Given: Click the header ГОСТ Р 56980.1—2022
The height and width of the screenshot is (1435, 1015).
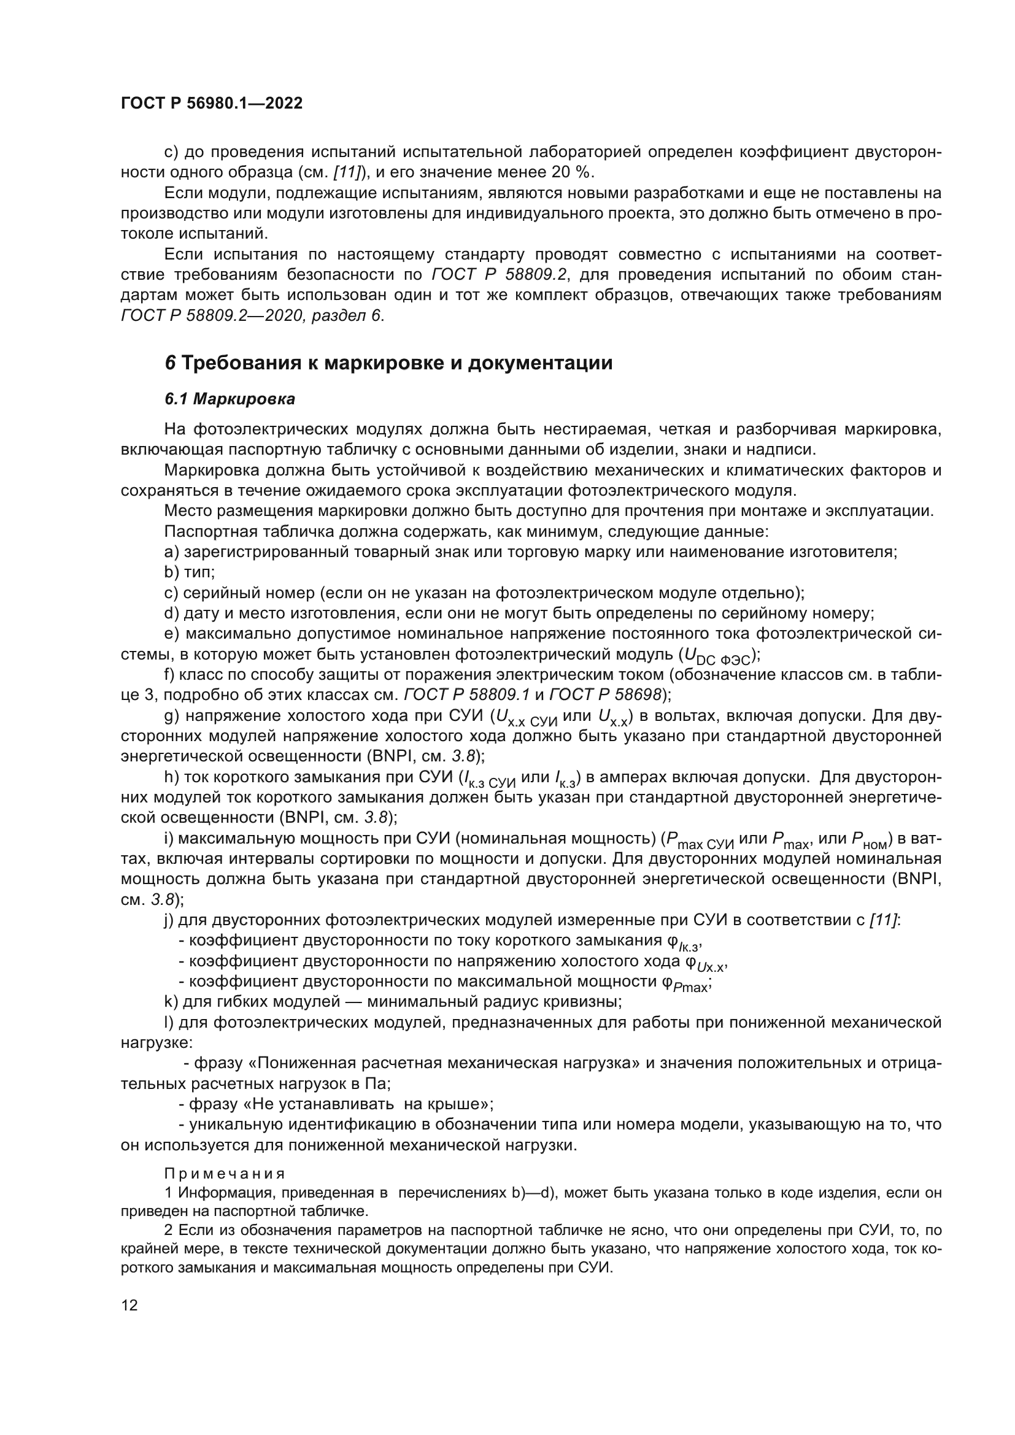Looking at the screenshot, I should [211, 104].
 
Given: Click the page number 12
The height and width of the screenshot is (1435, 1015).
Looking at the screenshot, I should [129, 1305].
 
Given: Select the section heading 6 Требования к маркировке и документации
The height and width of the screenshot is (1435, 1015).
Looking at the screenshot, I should [388, 363].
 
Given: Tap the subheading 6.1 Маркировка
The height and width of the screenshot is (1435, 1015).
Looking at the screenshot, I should [230, 399].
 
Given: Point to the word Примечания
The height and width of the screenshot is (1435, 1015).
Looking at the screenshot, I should [225, 1173].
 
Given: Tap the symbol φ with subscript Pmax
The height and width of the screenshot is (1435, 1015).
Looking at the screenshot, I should [686, 983].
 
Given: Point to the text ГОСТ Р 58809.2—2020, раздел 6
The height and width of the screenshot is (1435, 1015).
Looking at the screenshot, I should [252, 315].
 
